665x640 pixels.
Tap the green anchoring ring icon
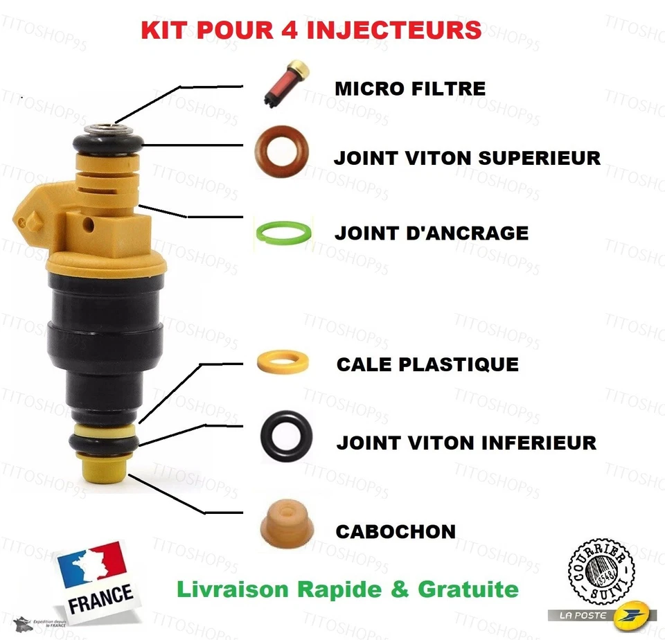coord(283,232)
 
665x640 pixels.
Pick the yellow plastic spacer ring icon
coord(283,362)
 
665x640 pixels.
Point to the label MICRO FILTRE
coord(409,89)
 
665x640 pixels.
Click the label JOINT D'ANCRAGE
coord(431,233)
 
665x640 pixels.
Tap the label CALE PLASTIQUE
coord(427,364)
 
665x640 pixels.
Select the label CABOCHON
coord(396,532)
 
